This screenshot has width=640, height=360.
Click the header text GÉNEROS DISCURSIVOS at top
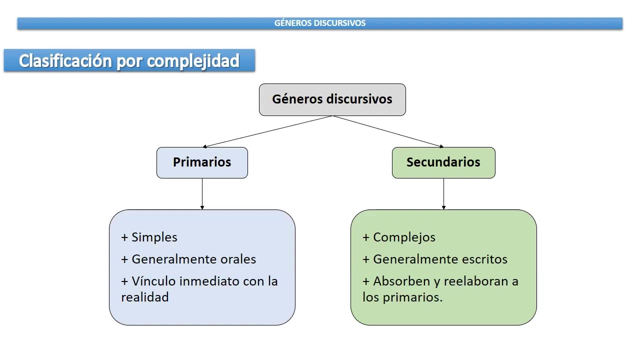[320, 23]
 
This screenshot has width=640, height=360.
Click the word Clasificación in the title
[65, 60]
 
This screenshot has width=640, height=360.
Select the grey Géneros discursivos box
[332, 99]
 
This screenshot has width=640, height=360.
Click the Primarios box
[202, 162]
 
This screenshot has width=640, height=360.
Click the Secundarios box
[443, 162]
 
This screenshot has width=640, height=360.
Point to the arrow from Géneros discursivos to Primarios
[267, 131]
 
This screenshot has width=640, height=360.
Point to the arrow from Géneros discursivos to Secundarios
[388, 131]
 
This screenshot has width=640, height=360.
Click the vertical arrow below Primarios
[202, 193]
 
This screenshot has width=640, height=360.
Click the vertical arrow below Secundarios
[443, 193]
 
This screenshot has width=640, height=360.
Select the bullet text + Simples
[149, 237]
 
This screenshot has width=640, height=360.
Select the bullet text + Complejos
[399, 237]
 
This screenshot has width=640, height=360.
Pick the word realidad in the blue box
[144, 297]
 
